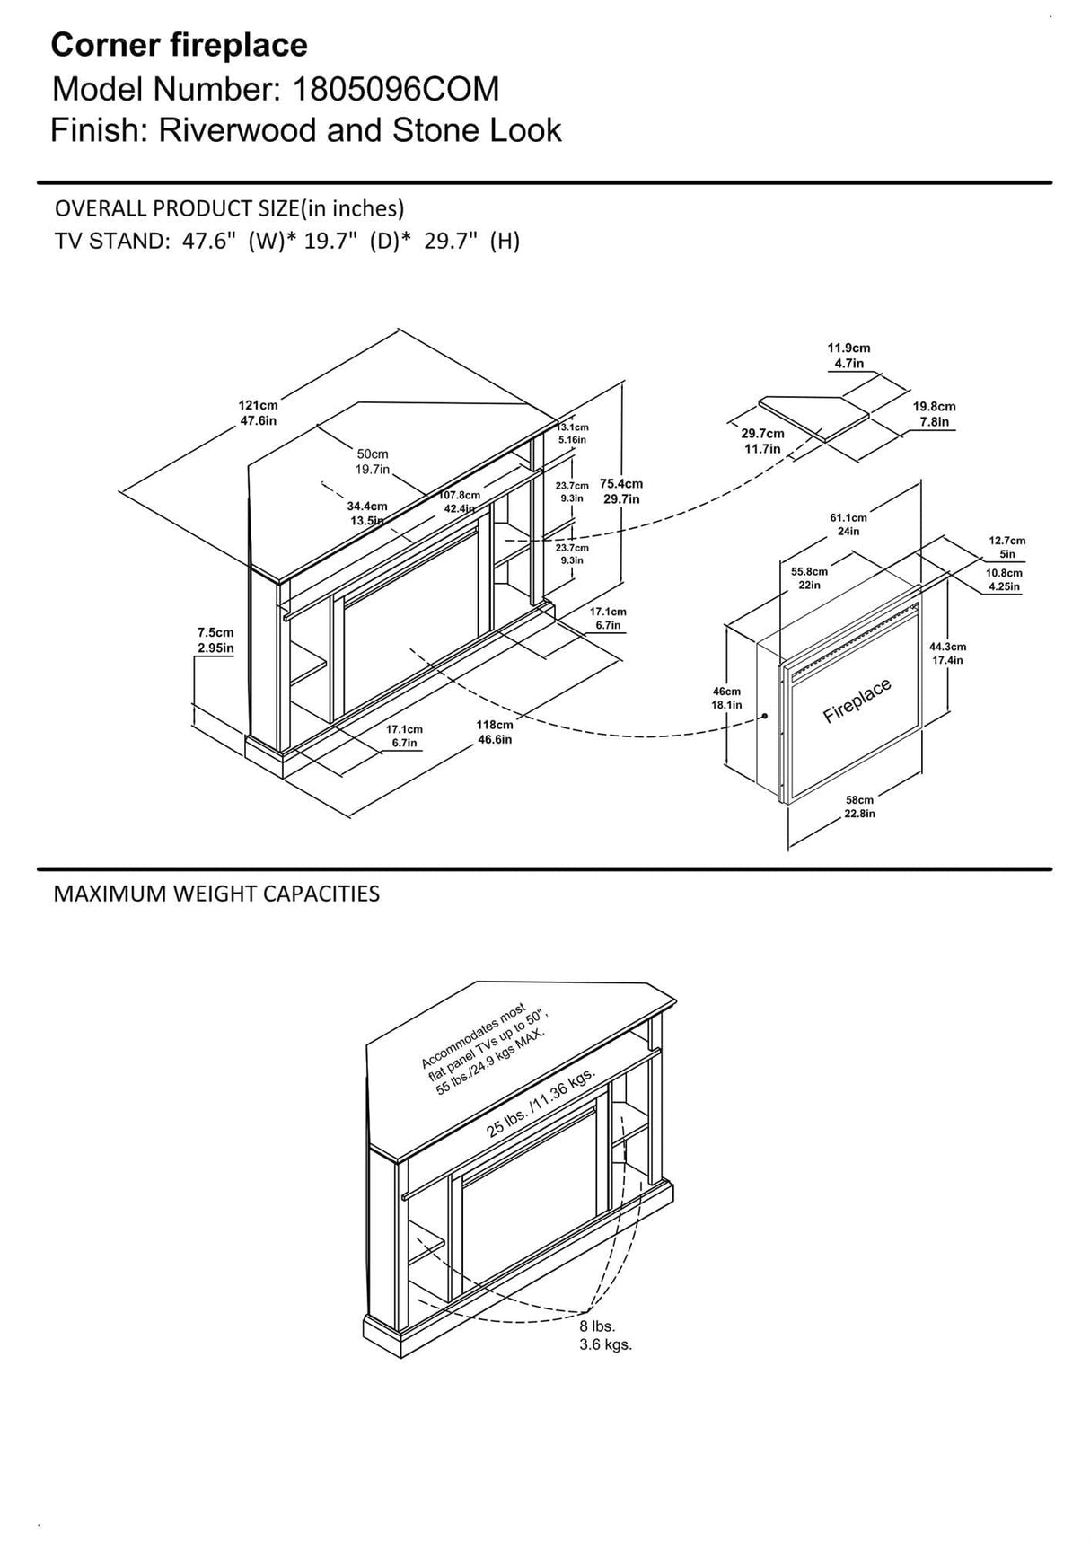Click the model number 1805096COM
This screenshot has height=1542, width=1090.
point(392,89)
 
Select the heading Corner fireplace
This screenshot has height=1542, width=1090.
point(179,44)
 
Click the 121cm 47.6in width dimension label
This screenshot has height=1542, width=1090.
point(258,413)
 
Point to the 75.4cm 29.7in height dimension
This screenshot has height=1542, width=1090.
point(621,490)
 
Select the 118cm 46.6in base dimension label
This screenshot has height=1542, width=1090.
point(494,732)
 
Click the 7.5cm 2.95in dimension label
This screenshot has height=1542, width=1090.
point(215,640)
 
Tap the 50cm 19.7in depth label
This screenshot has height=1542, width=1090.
point(373,462)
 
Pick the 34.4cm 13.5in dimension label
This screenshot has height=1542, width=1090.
point(366,514)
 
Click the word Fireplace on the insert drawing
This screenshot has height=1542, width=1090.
point(857,701)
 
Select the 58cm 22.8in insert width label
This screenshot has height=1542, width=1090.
point(859,806)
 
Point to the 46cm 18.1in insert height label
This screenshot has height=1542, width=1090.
point(726,698)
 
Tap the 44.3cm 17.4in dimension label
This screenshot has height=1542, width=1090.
point(948,653)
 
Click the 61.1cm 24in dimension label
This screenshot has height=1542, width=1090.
point(848,524)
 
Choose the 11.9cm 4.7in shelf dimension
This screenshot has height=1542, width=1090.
point(848,356)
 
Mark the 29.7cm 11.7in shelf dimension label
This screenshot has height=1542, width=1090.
point(762,441)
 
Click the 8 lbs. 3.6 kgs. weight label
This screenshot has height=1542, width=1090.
point(605,1335)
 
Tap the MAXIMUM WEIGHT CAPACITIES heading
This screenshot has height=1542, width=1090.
point(216,894)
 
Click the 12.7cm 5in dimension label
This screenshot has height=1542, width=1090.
point(1006,547)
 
